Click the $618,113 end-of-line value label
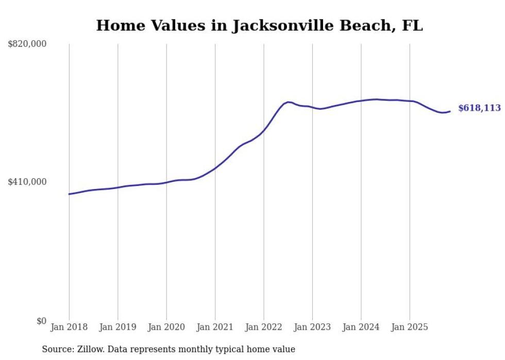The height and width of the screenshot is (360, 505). [x=479, y=108]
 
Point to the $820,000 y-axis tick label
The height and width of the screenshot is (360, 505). [x=27, y=44]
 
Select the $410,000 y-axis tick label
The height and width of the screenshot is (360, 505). [x=27, y=182]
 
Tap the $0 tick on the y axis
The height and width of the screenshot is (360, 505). [x=41, y=321]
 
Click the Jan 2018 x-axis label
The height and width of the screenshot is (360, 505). [x=69, y=327]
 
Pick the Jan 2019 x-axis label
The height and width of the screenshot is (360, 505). [x=118, y=327]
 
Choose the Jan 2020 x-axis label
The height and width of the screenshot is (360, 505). [x=166, y=327]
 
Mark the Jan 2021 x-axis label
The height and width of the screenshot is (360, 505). [x=215, y=327]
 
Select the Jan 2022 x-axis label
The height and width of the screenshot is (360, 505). [x=264, y=327]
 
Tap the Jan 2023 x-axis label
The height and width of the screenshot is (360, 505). [x=312, y=327]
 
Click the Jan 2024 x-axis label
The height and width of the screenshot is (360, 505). [x=361, y=327]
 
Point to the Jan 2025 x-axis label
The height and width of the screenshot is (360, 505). [x=410, y=327]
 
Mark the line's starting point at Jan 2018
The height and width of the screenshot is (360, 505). [x=69, y=194]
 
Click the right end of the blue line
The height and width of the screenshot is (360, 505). [x=450, y=111]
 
